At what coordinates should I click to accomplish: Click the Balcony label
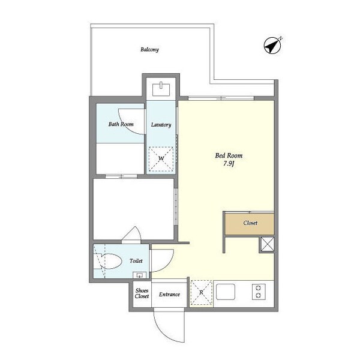pos(149,49)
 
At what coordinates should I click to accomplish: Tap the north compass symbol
pos(272,45)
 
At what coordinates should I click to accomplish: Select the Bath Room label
pos(121,124)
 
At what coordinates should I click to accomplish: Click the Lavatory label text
pos(161,125)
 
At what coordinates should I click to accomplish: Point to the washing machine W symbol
pos(161,159)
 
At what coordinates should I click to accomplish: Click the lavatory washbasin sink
pos(161,89)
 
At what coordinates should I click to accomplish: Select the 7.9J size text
pos(229,164)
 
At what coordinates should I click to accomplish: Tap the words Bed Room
pos(229,155)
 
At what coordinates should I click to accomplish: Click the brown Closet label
pos(250,223)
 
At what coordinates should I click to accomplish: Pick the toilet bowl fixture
pos(108,261)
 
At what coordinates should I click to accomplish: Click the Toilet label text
pos(136,261)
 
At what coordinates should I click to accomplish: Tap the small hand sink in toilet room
pos(140,275)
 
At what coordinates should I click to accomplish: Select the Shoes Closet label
pos(142,293)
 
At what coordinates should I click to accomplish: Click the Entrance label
pos(169,295)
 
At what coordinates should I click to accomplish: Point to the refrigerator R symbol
pos(202,293)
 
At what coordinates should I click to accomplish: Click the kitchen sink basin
pos(226,292)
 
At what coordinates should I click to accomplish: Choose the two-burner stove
pos(259,292)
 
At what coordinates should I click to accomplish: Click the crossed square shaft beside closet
pos(268,244)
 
